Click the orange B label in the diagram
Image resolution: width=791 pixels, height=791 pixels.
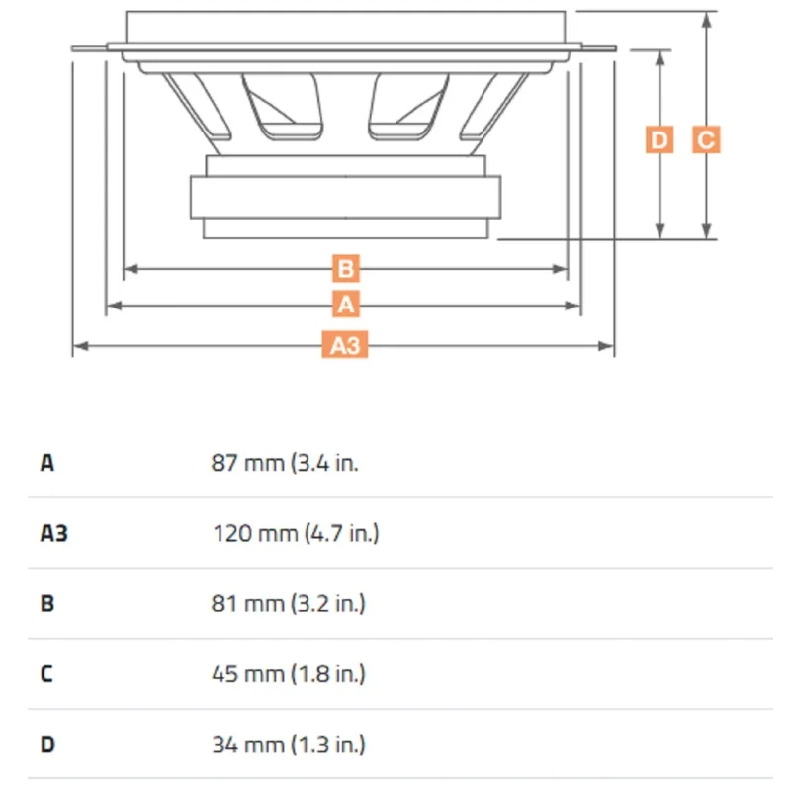point(345,268)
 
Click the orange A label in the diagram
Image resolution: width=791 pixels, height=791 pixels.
point(345,305)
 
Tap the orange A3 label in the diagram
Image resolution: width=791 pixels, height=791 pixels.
point(345,345)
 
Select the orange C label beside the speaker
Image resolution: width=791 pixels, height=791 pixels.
point(706,139)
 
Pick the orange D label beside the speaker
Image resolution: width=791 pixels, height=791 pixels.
point(659,139)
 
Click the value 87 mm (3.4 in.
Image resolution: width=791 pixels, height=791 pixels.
point(285,463)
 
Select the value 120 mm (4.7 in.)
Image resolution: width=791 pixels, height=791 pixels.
point(296,533)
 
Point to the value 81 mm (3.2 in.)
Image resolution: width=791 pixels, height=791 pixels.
point(288,603)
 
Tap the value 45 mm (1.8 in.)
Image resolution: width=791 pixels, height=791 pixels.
point(288,674)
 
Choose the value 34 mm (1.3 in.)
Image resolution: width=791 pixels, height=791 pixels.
point(288,745)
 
